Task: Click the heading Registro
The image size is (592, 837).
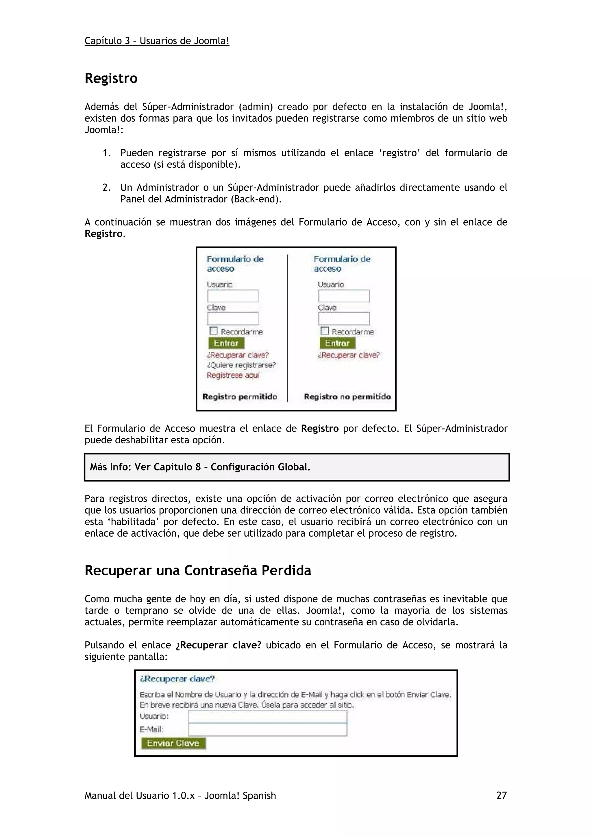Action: pos(111,78)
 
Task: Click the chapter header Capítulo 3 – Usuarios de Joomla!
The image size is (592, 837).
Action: pos(157,41)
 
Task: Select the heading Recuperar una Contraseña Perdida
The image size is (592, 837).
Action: pos(198,570)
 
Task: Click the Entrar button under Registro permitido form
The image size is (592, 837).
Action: pos(226,343)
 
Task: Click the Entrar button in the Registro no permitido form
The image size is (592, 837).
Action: pos(337,343)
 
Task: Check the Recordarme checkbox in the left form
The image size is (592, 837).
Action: pos(214,331)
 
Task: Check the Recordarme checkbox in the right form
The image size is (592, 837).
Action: pos(325,331)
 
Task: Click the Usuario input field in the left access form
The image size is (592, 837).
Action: pos(233,296)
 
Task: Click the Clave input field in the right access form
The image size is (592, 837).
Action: pos(344,319)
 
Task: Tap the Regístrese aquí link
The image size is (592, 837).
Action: pos(233,375)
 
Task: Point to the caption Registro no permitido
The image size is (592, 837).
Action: pos(347,397)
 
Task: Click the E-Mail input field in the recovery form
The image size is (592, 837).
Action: pos(267,730)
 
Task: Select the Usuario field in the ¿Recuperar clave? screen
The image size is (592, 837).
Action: pos(267,717)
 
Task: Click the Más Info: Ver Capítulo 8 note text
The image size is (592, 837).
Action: pos(200,467)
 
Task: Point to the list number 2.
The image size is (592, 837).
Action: pos(106,188)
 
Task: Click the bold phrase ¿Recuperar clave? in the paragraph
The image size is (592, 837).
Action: pos(218,645)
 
